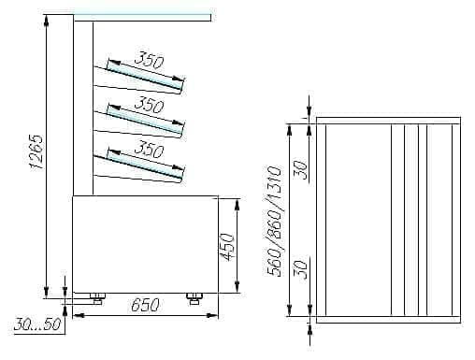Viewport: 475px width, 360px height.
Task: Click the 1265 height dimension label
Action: pyautogui.click(x=36, y=152)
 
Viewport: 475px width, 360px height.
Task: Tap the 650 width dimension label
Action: pyautogui.click(x=145, y=305)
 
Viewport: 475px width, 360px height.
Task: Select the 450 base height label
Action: pyautogui.click(x=226, y=247)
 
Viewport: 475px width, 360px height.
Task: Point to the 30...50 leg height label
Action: pyautogui.click(x=37, y=324)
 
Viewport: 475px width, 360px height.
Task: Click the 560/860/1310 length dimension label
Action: pyautogui.click(x=274, y=222)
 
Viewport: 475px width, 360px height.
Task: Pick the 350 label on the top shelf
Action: pyautogui.click(x=149, y=60)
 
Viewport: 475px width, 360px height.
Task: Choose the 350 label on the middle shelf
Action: pyautogui.click(x=149, y=105)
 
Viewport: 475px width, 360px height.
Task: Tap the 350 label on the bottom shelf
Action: pyautogui.click(x=149, y=149)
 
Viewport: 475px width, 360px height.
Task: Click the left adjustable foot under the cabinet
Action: pyautogui.click(x=97, y=298)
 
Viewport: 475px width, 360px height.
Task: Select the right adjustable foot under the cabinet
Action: pyautogui.click(x=194, y=298)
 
